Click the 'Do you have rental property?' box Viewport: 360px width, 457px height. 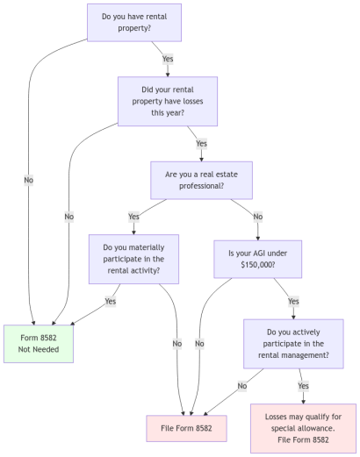click(x=134, y=22)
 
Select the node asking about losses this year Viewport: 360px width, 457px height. click(x=168, y=101)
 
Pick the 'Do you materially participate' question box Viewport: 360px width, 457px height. click(x=134, y=259)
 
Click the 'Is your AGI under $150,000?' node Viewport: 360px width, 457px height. click(x=257, y=259)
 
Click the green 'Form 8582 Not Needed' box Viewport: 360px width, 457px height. click(x=37, y=344)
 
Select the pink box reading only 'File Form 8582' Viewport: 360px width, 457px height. click(x=187, y=428)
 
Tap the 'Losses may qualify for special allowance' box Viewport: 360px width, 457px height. click(x=303, y=428)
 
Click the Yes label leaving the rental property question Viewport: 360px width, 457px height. click(x=168, y=60)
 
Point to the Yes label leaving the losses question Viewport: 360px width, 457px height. click(x=201, y=143)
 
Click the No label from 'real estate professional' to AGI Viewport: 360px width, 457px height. click(x=257, y=217)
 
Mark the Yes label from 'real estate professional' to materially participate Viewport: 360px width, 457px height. click(x=134, y=217)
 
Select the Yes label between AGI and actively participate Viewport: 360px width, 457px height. click(x=293, y=301)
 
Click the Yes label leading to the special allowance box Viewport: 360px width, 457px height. click(x=304, y=385)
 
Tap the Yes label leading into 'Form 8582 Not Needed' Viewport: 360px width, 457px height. click(x=111, y=301)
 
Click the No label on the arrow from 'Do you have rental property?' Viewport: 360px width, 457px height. click(x=29, y=180)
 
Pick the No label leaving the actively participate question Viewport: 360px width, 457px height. click(x=242, y=385)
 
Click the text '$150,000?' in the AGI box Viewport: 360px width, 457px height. click(x=257, y=265)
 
